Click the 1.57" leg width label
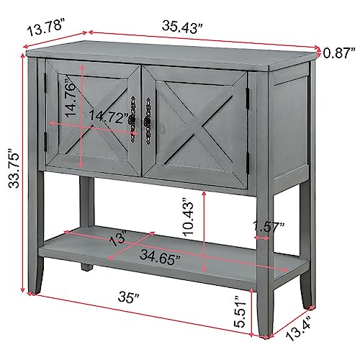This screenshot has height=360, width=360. pos(269,226)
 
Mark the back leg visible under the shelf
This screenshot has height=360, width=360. pos(86,266)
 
